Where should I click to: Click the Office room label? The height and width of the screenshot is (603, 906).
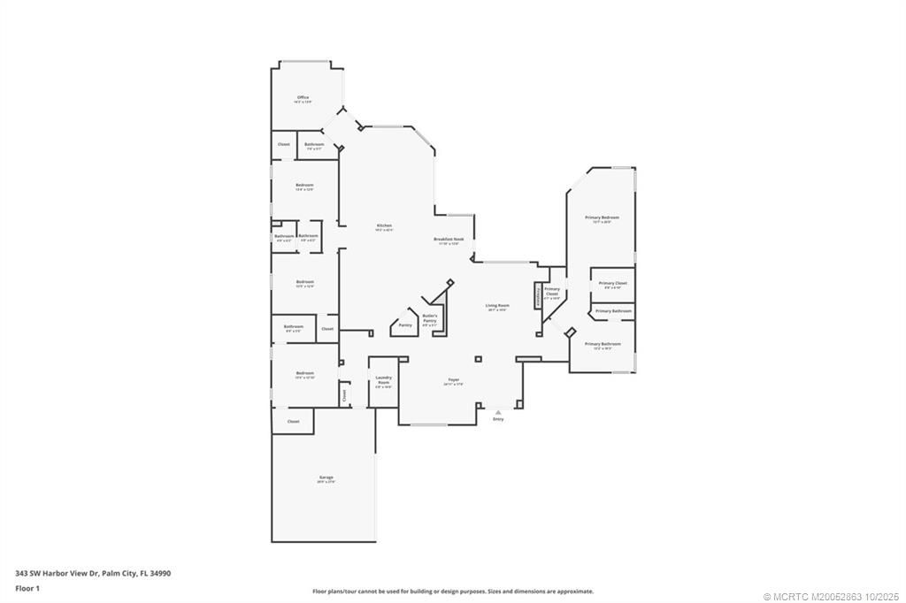(x=303, y=97)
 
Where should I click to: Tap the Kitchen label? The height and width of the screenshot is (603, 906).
(x=384, y=225)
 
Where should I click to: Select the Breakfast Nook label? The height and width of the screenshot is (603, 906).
(x=449, y=240)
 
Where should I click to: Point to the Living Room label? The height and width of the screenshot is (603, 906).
(x=497, y=305)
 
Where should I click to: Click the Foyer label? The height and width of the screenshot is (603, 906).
(x=453, y=379)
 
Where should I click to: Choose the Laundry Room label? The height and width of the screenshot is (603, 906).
(x=383, y=379)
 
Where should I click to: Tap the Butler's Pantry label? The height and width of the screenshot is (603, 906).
(x=430, y=317)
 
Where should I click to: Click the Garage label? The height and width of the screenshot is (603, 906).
(x=326, y=477)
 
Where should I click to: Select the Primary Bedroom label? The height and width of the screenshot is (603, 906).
(x=602, y=217)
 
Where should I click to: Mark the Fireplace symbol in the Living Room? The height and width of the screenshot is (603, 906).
(x=537, y=296)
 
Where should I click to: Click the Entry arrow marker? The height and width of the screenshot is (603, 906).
(x=498, y=411)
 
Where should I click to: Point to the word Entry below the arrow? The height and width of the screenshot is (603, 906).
(x=498, y=419)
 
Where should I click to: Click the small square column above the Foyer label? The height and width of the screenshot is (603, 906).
(x=478, y=359)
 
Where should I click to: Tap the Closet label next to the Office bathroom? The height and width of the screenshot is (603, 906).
(x=284, y=144)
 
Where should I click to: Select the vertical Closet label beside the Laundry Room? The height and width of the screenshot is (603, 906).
(x=345, y=396)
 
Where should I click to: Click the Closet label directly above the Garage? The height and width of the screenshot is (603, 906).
(x=293, y=422)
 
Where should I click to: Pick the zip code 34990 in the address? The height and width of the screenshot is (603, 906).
(x=159, y=573)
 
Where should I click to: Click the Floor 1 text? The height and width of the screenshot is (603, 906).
(x=27, y=587)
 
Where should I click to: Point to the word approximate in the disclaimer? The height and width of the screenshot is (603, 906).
(x=574, y=592)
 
